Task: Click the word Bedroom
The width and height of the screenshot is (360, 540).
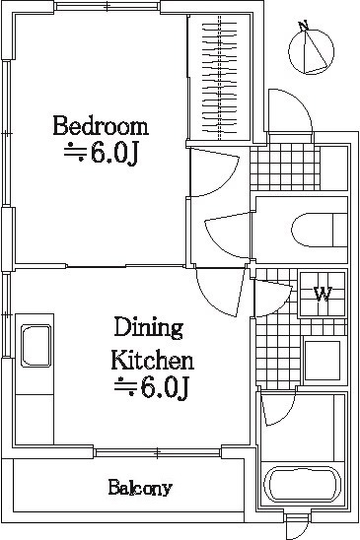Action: [x=101, y=126]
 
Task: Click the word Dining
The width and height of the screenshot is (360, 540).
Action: [x=148, y=328]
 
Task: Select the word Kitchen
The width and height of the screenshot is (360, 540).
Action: [x=152, y=360]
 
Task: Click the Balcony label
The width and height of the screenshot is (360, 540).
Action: [x=140, y=488]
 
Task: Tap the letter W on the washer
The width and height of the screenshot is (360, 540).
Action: [x=323, y=294]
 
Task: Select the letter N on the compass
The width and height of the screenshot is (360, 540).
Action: [x=303, y=26]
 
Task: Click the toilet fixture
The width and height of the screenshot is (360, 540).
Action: [x=319, y=230]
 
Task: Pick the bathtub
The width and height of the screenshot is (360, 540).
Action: [x=302, y=485]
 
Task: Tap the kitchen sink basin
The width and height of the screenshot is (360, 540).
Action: [x=36, y=346]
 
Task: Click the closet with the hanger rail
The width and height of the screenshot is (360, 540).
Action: [x=220, y=78]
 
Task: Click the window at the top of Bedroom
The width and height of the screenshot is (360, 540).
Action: [x=108, y=6]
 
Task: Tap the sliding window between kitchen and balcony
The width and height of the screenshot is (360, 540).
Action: [x=157, y=452]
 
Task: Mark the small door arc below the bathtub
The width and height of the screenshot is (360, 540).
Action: [x=297, y=526]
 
